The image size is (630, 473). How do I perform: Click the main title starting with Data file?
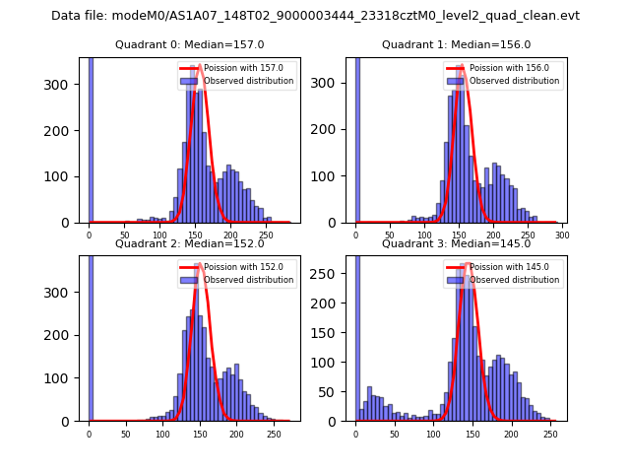(315, 16)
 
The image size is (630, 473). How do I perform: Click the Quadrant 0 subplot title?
(190, 44)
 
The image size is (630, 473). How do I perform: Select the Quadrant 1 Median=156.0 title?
(456, 44)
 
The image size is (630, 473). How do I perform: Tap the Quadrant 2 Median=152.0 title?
(190, 243)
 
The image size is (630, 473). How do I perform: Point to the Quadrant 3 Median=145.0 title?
(456, 243)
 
